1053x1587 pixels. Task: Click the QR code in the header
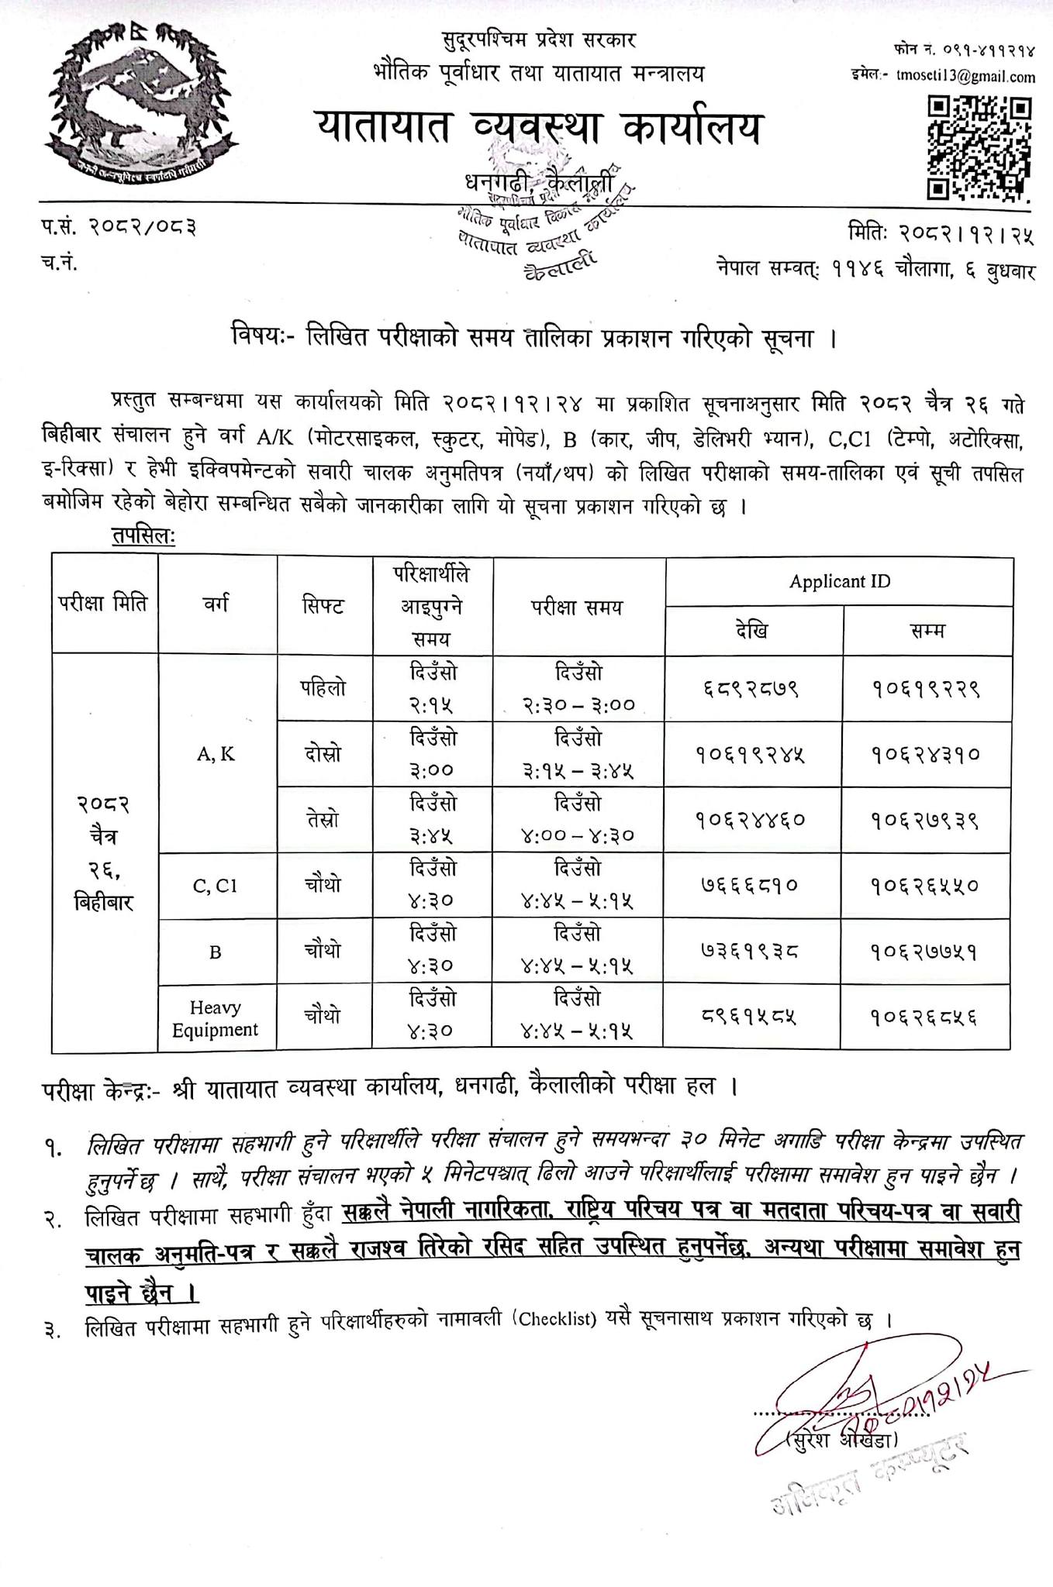coord(980,147)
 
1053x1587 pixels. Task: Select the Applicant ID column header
coord(839,581)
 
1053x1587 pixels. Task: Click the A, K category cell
coord(216,754)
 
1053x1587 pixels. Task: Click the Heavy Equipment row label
coord(216,1018)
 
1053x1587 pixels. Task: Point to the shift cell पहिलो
coord(323,688)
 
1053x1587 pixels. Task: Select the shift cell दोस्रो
coord(323,754)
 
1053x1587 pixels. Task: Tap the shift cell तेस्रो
coord(323,819)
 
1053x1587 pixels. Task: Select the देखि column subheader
coord(752,631)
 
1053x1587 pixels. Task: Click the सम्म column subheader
coord(927,631)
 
